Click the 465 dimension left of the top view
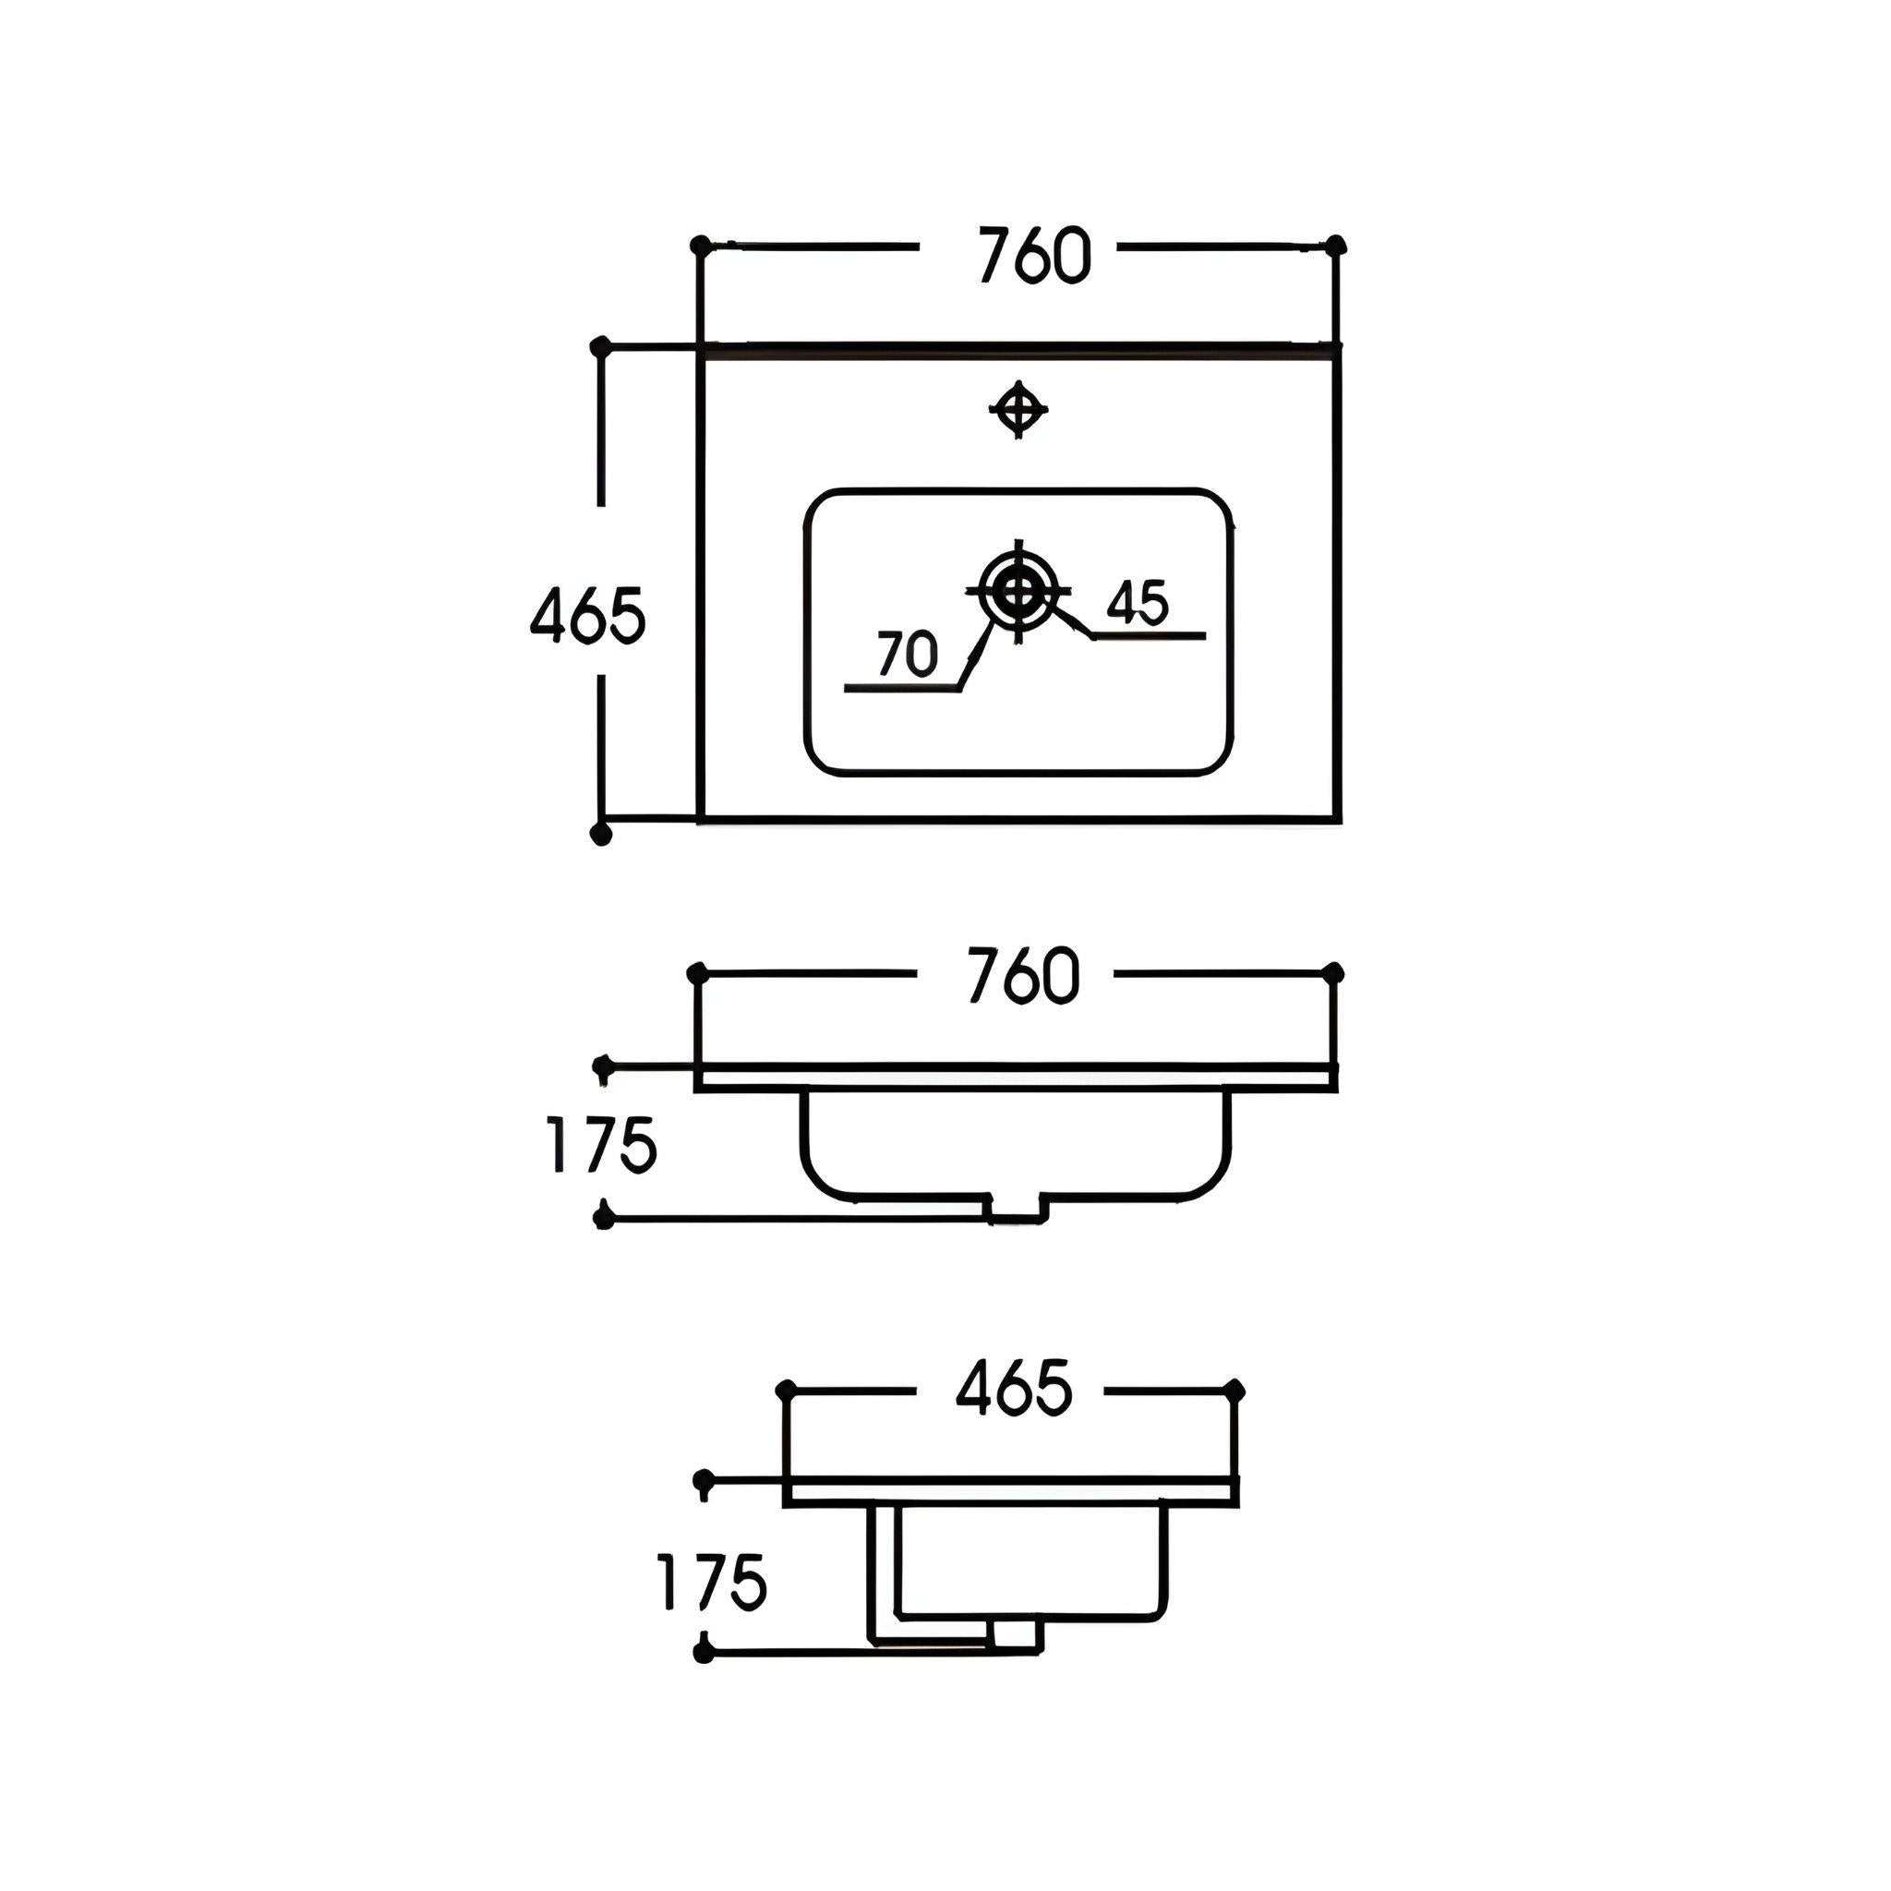[587, 616]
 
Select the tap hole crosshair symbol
[1018, 408]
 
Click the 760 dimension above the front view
[1023, 975]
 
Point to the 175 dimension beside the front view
[600, 1144]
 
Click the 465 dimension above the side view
[1014, 1387]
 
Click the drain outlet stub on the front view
[1018, 1210]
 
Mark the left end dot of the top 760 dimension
[699, 244]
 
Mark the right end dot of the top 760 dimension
[1336, 245]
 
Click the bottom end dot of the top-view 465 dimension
[601, 833]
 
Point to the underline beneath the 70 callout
[902, 689]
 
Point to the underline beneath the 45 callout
[1148, 636]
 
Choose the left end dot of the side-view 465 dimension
[784, 1389]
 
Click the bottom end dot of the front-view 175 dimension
[604, 1219]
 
